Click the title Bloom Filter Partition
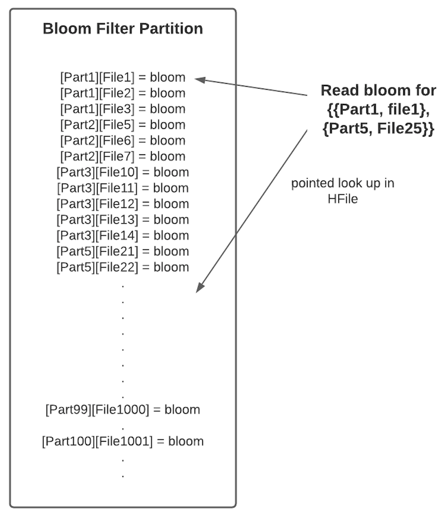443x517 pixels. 123,29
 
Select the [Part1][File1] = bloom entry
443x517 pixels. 123,78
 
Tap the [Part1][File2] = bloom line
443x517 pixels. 123,93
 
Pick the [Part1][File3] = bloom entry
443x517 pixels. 123,109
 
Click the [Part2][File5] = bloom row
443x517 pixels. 123,125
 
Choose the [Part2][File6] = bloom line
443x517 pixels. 123,141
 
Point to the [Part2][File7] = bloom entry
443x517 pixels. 123,156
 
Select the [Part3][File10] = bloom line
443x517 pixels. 123,172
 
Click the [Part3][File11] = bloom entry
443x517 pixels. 123,188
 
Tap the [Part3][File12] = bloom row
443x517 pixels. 123,204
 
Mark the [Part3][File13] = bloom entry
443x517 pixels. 123,220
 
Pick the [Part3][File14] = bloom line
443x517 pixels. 123,235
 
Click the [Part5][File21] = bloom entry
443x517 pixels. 123,251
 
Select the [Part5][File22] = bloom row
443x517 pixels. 123,267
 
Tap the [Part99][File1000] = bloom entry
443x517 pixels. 123,409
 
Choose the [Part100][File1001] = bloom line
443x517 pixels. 123,441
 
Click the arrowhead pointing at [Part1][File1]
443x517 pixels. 199,79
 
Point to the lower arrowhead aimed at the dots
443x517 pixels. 200,287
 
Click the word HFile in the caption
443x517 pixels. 343,199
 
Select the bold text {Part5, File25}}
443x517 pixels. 378,129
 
